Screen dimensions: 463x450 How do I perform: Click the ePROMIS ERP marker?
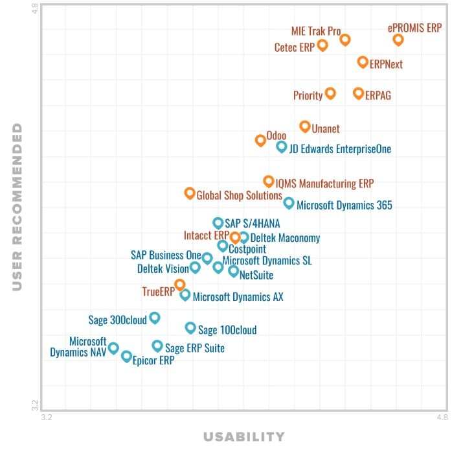click(x=398, y=40)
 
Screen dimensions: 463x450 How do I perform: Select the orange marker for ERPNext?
click(x=363, y=62)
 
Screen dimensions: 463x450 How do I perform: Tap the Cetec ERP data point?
click(x=322, y=45)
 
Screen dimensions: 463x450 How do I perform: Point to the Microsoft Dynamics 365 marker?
click(x=289, y=203)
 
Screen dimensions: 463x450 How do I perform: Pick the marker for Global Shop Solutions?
click(x=190, y=193)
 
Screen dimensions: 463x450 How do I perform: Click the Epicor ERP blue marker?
click(x=126, y=356)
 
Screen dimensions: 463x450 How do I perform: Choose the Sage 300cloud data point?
click(x=155, y=318)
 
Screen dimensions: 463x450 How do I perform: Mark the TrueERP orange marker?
click(x=179, y=285)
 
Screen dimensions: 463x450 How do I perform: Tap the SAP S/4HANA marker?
click(x=218, y=223)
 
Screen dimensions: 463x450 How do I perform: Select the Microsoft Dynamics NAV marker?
click(x=113, y=348)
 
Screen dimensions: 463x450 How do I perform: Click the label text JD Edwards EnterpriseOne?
click(x=340, y=149)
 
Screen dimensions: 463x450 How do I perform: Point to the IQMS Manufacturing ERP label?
click(x=324, y=184)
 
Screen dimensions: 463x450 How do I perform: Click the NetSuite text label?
click(x=256, y=276)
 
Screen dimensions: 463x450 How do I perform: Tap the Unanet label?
click(x=326, y=129)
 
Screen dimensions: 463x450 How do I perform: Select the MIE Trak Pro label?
click(x=316, y=31)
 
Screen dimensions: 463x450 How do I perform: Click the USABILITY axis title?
click(x=244, y=436)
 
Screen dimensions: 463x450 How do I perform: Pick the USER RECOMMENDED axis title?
click(x=17, y=207)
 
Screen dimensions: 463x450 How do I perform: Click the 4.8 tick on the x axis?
click(x=442, y=417)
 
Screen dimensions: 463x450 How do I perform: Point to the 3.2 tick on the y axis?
click(x=34, y=405)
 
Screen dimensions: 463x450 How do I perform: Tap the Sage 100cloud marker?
click(x=190, y=328)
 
